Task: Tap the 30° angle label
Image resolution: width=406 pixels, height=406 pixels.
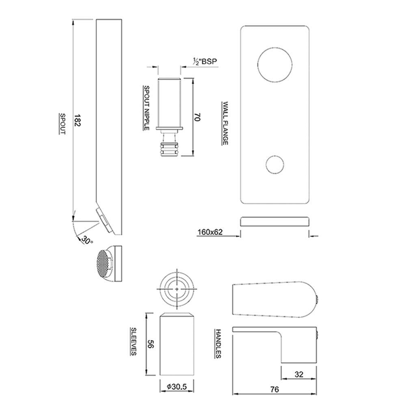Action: coord(86,240)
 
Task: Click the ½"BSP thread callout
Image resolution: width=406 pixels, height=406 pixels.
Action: coord(205,62)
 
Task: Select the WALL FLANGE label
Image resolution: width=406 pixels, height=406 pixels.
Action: coord(224,123)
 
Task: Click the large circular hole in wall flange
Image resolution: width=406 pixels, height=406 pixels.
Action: coord(274,65)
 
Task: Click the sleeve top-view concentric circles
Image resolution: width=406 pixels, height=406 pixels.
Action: coord(177,288)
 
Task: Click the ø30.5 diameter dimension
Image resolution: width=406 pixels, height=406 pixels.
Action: coord(177,387)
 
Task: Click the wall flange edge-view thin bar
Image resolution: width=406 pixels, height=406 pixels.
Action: coord(275,221)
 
